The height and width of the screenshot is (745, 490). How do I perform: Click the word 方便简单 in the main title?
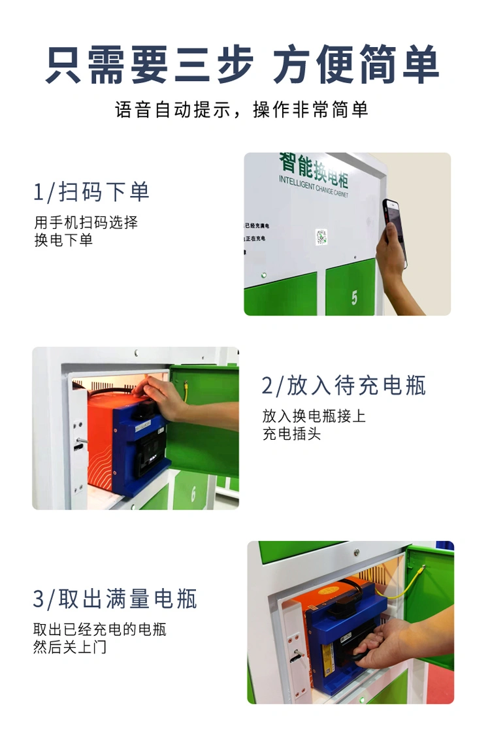tap(356, 64)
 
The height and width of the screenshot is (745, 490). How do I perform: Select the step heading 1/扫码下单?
tap(91, 192)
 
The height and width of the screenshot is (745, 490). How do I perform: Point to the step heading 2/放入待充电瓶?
tap(344, 386)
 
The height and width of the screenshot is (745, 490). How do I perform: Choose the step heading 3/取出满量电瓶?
tap(115, 599)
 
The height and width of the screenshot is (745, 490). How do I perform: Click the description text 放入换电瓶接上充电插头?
tap(314, 425)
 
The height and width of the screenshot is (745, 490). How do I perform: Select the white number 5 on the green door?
tap(354, 298)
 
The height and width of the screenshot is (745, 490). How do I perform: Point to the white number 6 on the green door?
tap(193, 494)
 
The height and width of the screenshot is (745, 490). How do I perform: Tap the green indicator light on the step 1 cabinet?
tap(264, 274)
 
